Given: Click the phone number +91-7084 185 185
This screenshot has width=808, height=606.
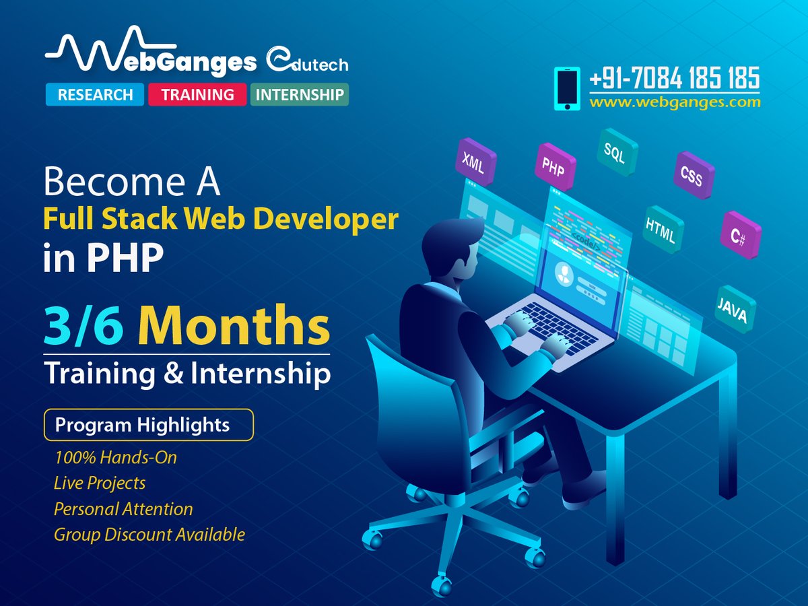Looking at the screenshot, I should click(674, 78).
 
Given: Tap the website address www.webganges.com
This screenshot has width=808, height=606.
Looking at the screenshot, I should click(675, 103).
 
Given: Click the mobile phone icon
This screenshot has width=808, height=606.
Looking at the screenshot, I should click(567, 88).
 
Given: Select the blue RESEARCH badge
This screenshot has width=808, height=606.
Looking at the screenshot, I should click(94, 95).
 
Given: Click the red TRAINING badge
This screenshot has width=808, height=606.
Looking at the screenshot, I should click(198, 95).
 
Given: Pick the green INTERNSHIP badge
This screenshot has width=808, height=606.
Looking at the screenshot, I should click(300, 95).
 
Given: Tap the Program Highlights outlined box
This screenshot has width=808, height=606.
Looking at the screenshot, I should click(148, 426).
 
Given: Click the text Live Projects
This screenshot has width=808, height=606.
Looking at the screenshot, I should click(100, 483).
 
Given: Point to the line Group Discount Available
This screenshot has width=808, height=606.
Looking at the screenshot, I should click(149, 535).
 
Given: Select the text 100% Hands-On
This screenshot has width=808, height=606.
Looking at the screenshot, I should click(115, 458).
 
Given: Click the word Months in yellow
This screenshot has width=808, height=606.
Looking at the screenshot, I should click(234, 327).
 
